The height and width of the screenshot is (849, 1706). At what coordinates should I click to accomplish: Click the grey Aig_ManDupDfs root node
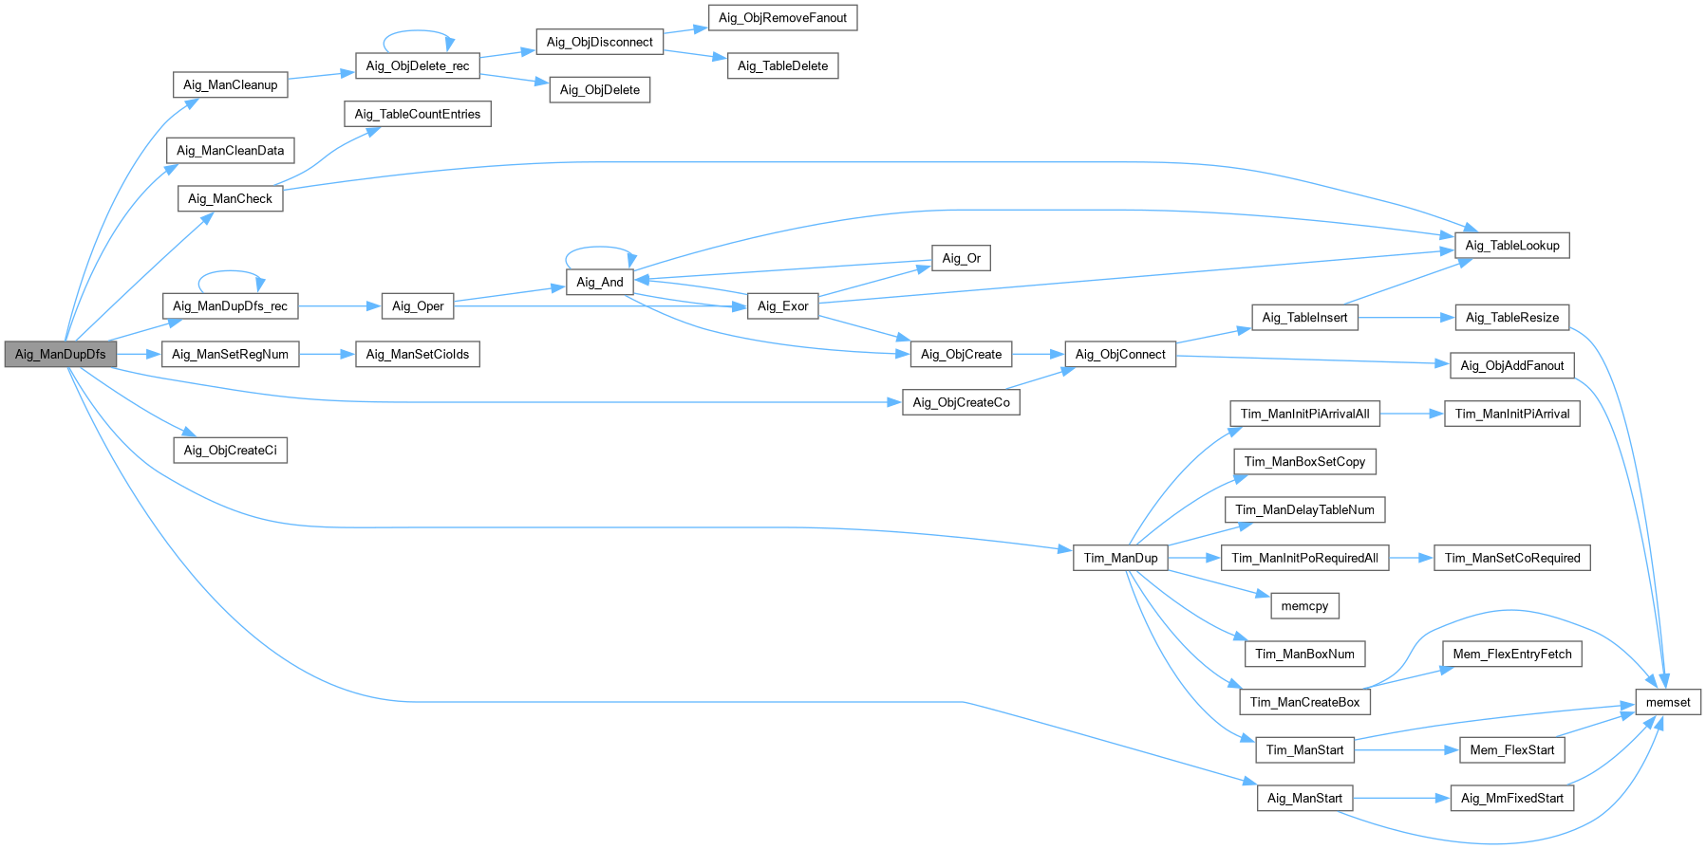(61, 354)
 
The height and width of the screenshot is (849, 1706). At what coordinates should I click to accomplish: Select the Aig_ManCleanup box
(231, 84)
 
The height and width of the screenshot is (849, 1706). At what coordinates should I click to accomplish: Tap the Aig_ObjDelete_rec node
(418, 65)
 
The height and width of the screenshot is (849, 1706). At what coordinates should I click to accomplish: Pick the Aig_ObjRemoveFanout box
(782, 17)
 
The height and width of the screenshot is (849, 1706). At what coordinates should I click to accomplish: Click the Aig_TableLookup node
(1512, 245)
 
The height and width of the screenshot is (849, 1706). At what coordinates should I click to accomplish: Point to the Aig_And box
(600, 282)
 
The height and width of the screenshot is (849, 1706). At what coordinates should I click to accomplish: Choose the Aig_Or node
(962, 258)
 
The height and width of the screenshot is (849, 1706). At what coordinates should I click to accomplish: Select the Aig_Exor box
(782, 305)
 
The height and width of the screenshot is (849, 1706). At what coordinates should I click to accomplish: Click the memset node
(1668, 702)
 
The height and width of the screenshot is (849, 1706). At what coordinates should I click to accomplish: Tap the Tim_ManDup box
(1120, 558)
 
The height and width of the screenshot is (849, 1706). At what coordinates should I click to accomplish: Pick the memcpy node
(1304, 606)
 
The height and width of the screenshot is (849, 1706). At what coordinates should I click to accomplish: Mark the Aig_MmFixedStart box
(1512, 798)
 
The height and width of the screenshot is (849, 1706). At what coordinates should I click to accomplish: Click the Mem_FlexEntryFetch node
(1512, 654)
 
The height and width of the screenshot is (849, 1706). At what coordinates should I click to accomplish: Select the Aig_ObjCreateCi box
(231, 450)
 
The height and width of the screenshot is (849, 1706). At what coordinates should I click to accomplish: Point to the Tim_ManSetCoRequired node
(1512, 558)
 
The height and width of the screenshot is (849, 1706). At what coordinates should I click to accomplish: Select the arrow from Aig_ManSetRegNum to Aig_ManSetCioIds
(327, 354)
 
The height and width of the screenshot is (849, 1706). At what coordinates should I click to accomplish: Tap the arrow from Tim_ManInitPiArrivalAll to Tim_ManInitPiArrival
(1413, 414)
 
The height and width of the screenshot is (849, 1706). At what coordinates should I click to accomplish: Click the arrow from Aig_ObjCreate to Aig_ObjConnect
(1039, 354)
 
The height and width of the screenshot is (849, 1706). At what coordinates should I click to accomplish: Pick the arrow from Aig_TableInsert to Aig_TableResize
(1406, 317)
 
